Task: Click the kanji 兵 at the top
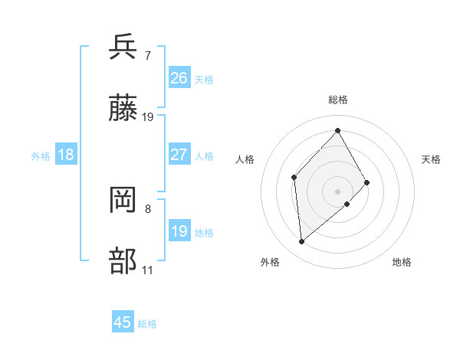pos(123,47)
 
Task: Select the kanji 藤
pos(123,110)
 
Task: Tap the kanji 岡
pos(123,201)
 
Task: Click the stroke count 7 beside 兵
pos(148,55)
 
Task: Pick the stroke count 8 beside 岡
pos(148,208)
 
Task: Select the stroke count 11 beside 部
pos(148,270)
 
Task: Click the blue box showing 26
pos(179,78)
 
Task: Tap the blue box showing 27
pos(179,155)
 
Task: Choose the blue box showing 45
pos(123,322)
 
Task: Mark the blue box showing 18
pos(66,155)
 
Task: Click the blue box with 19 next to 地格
pos(179,231)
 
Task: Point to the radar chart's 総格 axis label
pos(338,100)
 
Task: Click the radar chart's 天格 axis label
pos(432,159)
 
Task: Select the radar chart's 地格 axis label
pos(402,262)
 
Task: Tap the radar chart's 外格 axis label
pos(270,262)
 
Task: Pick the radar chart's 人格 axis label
pos(245,159)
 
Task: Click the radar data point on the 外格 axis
pos(302,242)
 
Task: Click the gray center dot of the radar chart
pos(338,191)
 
